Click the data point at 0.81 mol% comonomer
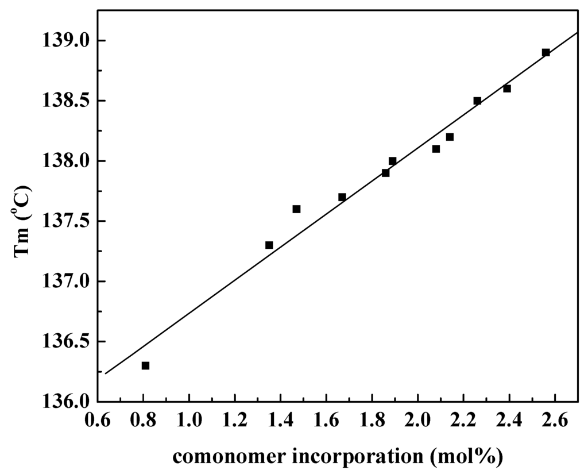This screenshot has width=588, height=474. (145, 365)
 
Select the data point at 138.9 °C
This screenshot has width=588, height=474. (546, 52)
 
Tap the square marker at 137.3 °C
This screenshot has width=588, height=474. (269, 245)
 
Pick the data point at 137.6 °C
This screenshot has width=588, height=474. (296, 209)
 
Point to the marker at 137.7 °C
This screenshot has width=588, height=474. (342, 197)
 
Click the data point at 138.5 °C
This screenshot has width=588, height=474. (477, 101)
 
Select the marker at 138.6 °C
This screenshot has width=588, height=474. (507, 88)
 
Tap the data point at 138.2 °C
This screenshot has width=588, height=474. (450, 137)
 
